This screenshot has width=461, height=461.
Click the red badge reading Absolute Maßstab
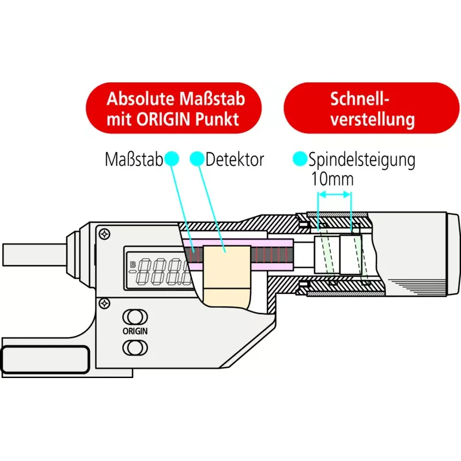[x=173, y=108]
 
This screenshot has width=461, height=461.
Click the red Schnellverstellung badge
[x=371, y=108]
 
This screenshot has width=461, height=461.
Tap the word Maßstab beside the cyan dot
[x=134, y=160]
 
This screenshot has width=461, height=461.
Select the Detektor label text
[x=235, y=160]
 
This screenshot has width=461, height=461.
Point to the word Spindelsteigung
[x=362, y=160]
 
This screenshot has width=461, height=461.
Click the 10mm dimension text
[x=332, y=179]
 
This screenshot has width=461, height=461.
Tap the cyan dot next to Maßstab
[x=171, y=159]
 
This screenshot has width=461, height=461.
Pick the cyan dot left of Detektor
[x=197, y=159]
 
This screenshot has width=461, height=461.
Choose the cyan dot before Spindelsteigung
[x=300, y=159]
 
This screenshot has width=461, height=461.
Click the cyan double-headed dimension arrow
[x=335, y=194]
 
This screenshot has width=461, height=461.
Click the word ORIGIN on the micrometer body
[x=135, y=331]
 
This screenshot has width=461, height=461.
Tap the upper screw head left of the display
[x=105, y=235]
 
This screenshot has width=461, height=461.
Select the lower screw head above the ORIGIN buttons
[x=105, y=303]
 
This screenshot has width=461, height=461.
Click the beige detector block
[x=226, y=277]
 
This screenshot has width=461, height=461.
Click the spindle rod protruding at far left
[x=34, y=255]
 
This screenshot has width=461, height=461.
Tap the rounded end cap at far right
[x=453, y=254]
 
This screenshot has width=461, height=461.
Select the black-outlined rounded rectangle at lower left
[x=45, y=360]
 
